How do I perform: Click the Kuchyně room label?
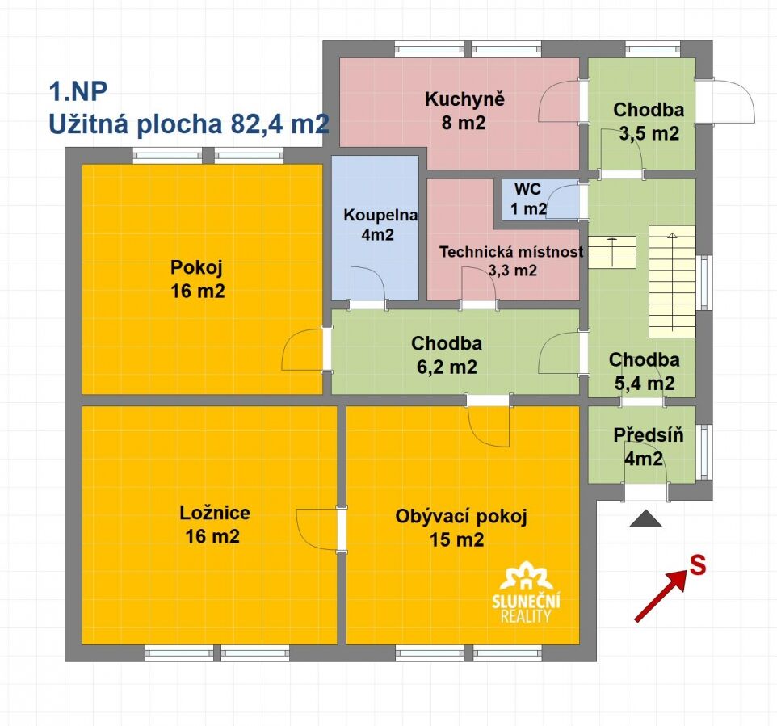pyautogui.click(x=464, y=99)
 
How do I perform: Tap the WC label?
pyautogui.click(x=527, y=189)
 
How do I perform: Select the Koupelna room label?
pyautogui.click(x=380, y=215)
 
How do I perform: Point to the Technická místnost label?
pyautogui.click(x=511, y=252)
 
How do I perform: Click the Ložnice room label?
pyautogui.click(x=215, y=513)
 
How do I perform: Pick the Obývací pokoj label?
pyautogui.click(x=461, y=517)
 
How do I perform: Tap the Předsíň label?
pyautogui.click(x=648, y=434)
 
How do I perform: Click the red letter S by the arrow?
pyautogui.click(x=698, y=565)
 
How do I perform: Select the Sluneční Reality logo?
pyautogui.click(x=526, y=592)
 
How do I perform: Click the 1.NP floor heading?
pyautogui.click(x=78, y=91)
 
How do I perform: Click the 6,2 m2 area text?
pyautogui.click(x=447, y=367)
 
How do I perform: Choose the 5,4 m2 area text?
pyautogui.click(x=645, y=384)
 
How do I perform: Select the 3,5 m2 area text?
pyautogui.click(x=649, y=133)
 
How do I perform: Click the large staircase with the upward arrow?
pyautogui.click(x=672, y=282)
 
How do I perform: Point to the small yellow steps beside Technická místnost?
pyautogui.click(x=612, y=252)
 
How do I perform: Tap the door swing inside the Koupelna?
pyautogui.click(x=368, y=285)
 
